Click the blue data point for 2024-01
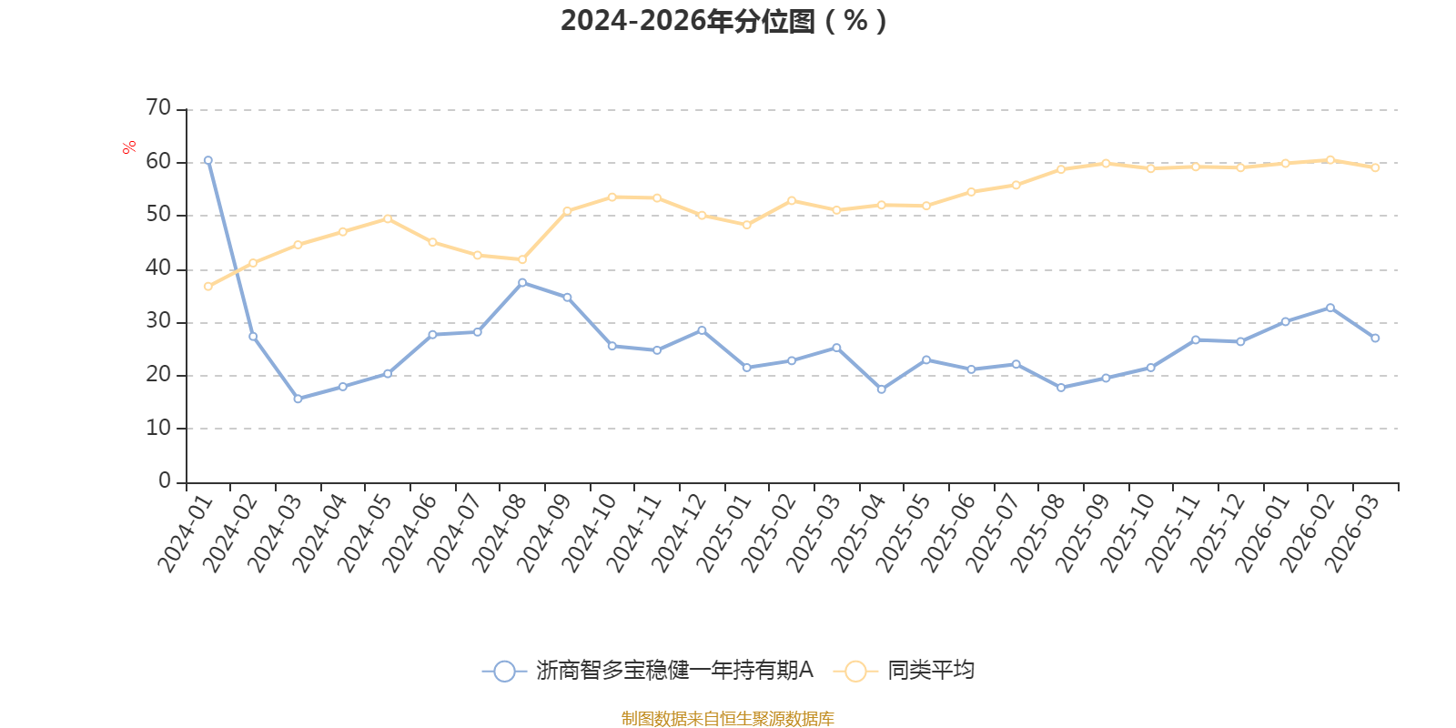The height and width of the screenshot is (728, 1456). [x=208, y=160]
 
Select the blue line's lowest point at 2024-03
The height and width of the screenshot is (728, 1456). [x=298, y=399]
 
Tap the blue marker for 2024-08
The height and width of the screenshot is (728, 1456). [x=522, y=283]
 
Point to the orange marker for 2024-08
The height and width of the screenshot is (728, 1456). [x=522, y=259]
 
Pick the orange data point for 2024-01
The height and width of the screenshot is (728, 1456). [x=208, y=287]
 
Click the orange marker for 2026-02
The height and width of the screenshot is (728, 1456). [x=1330, y=160]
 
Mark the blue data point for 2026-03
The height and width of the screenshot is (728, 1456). [x=1375, y=338]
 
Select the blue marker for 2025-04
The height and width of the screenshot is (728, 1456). [x=882, y=389]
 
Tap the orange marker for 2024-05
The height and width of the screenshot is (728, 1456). [x=388, y=219]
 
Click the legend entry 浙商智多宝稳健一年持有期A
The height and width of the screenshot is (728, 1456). [x=648, y=670]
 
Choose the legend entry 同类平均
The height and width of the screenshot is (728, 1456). [x=904, y=670]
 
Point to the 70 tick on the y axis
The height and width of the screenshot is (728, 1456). [x=158, y=107]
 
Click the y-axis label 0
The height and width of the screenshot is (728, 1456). [x=165, y=481]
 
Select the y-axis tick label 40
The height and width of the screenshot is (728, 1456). [x=158, y=268]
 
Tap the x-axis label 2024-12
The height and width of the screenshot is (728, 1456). [x=678, y=533]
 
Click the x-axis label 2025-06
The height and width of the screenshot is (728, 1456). [x=947, y=533]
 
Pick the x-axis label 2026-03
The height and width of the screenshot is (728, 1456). [x=1352, y=533]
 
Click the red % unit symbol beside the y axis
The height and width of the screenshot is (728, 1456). [x=129, y=147]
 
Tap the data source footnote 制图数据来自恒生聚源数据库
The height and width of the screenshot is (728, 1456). [x=727, y=718]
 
